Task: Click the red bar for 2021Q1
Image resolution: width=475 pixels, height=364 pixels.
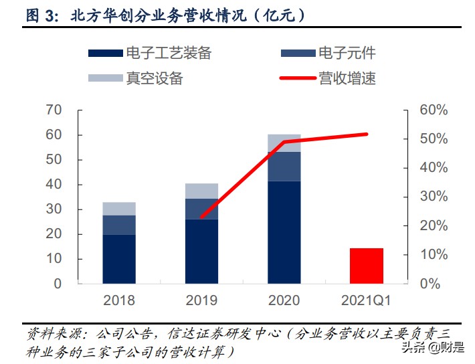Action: (x=367, y=266)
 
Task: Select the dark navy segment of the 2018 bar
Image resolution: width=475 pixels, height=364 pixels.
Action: (x=119, y=258)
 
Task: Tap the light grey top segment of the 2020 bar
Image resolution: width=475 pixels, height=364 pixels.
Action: (x=284, y=143)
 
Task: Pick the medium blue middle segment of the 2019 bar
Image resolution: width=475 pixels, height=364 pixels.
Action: (x=201, y=209)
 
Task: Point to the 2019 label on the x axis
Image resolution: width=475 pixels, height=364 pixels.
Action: (x=201, y=300)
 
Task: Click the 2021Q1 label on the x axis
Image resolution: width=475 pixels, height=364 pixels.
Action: (x=367, y=300)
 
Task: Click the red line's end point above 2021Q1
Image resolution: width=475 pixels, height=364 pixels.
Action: (x=367, y=134)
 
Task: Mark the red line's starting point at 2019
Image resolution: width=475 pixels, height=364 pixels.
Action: (x=201, y=217)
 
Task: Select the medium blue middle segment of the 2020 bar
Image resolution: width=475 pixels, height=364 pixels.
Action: (x=284, y=167)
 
